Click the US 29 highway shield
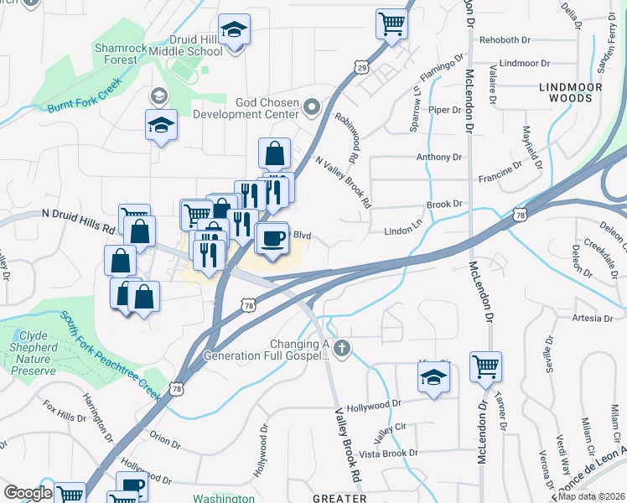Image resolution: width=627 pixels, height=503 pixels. (x=361, y=65)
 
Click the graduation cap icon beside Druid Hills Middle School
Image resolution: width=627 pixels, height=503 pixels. (x=235, y=30)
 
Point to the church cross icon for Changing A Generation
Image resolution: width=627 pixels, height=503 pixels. (x=340, y=347)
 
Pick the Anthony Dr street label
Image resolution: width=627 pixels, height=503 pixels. (x=439, y=157)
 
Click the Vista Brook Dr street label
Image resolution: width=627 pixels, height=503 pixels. (x=388, y=454)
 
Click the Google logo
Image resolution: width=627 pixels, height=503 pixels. (x=27, y=493)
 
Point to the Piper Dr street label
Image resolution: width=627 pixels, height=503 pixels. (x=445, y=110)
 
